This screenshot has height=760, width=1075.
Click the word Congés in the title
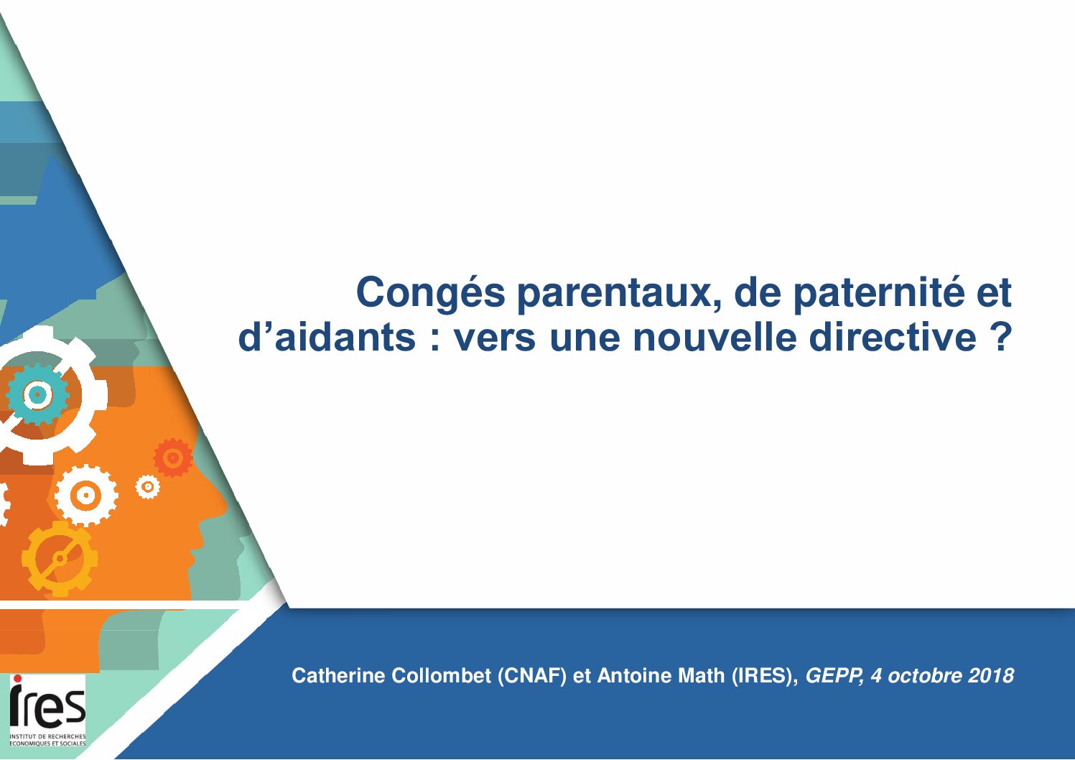[x=430, y=293]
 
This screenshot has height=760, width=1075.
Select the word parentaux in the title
[x=619, y=293]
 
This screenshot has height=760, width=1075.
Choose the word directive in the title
[x=893, y=337]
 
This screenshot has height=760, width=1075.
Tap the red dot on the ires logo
[x=17, y=678]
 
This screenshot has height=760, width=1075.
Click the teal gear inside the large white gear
[x=37, y=394]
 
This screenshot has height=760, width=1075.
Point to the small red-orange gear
[x=173, y=458]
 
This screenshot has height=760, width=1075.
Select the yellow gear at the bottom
[x=60, y=558]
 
